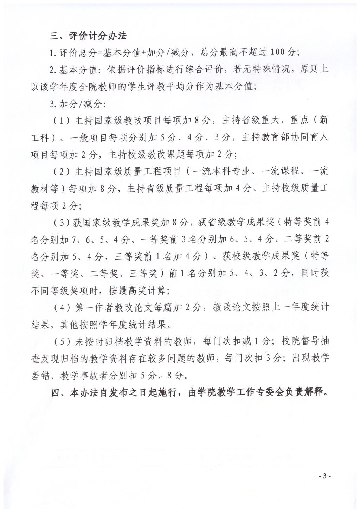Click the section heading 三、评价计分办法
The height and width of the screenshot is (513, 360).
coord(88,36)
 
